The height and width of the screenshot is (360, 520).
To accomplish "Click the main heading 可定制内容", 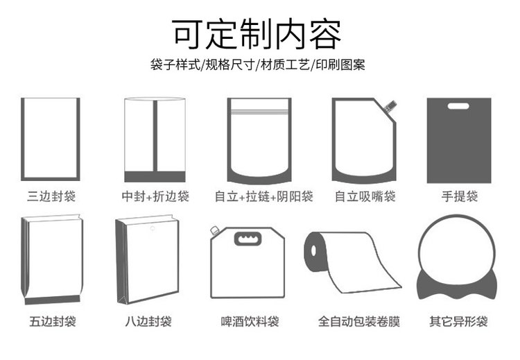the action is coord(256,34).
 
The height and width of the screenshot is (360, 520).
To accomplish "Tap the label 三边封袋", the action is coord(51,196).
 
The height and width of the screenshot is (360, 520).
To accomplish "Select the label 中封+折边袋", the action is coord(155,196).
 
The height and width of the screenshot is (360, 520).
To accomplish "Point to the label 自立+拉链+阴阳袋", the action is coord(263,196).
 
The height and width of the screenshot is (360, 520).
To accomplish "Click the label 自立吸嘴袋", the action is coord(365,196).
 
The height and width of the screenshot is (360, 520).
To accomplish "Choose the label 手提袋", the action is coord(459,196).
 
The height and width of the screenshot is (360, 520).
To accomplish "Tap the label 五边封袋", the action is coord(53,321).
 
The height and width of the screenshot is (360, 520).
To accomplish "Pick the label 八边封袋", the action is coord(148,321).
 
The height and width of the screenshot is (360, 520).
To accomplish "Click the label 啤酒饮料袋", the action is coord(250,321).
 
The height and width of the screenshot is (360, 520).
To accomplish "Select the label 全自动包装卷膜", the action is coord(359,321).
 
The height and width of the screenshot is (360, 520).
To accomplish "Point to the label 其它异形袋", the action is coord(458,321).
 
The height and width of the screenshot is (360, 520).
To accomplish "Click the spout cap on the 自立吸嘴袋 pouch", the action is coord(390,105).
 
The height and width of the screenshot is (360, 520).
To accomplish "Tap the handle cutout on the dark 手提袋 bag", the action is coord(458,106).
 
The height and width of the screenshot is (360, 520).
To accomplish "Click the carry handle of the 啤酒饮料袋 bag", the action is coord(248,239).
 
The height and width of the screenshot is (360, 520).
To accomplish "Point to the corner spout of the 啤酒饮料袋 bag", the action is coord(214,230).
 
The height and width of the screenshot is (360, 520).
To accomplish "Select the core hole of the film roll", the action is coord(313,251).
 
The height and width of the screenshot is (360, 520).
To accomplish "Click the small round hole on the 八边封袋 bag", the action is coord(153,228).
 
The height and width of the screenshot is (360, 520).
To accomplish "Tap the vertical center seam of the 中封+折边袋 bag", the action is coord(155,136).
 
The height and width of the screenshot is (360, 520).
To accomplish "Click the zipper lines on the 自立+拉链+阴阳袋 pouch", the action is coord(259,112).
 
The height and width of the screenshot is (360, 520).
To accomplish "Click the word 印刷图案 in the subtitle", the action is coord(340,65).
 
